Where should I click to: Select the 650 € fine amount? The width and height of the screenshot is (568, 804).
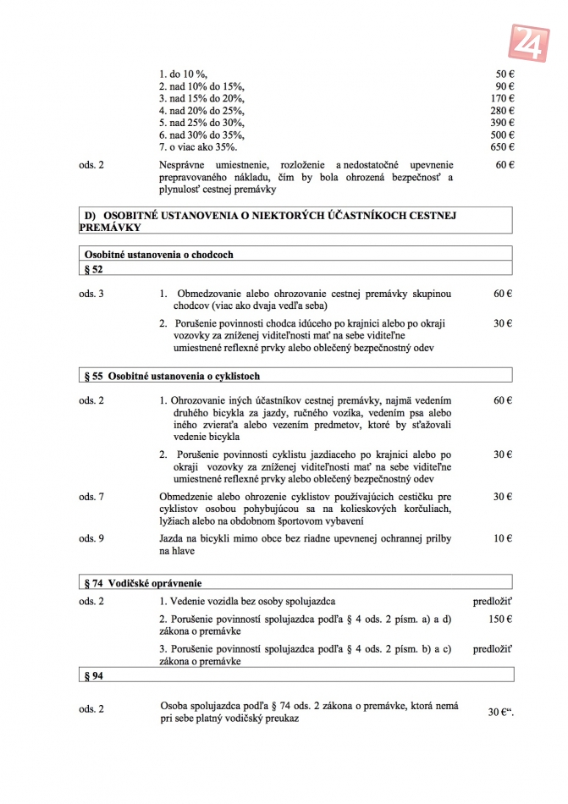(503, 147)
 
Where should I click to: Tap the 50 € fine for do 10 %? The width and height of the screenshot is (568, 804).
(505, 74)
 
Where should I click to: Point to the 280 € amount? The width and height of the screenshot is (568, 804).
(503, 111)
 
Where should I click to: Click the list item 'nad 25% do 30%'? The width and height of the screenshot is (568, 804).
(201, 123)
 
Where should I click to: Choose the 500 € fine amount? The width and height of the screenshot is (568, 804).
(503, 135)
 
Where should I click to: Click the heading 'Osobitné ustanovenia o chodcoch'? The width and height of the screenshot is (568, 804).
(158, 254)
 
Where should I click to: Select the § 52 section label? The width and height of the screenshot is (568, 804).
(94, 268)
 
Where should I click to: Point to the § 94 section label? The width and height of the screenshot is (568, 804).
(94, 676)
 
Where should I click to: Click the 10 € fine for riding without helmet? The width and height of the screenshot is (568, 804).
(504, 538)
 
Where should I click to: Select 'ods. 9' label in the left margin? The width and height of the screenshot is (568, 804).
(91, 538)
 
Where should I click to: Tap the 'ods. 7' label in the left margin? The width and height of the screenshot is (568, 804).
(91, 497)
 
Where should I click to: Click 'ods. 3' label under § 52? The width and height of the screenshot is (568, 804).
(91, 294)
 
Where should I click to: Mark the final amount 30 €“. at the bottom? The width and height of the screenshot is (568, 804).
(501, 713)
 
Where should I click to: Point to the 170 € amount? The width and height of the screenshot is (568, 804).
(503, 98)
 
